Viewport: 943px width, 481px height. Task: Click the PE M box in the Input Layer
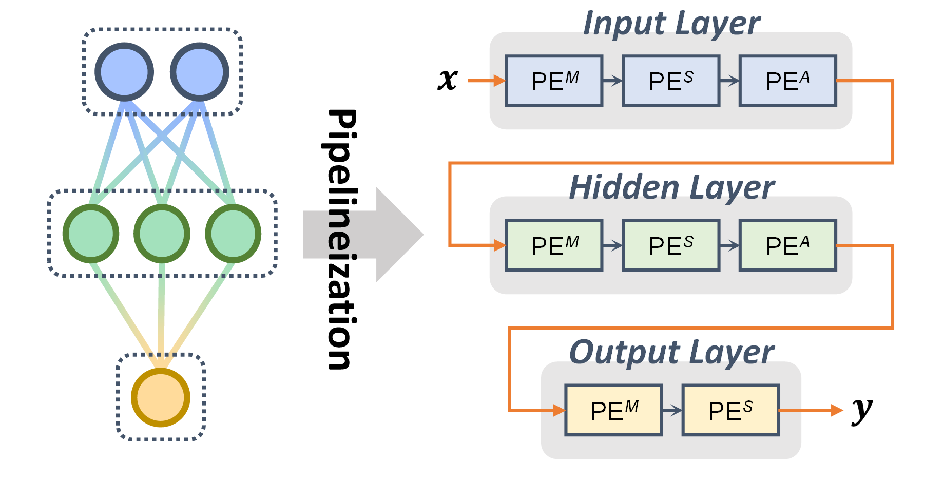[x=554, y=81]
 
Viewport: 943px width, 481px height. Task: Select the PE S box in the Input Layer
[x=671, y=81]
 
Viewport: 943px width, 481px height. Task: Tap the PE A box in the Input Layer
[x=787, y=81]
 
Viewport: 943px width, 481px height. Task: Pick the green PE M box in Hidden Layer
[x=554, y=246]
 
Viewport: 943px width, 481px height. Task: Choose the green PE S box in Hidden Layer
[x=671, y=246]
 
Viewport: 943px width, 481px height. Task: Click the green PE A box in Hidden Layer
[x=787, y=246]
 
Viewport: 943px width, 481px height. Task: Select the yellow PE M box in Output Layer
[x=613, y=411]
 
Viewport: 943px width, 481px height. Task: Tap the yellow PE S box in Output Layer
[x=730, y=411]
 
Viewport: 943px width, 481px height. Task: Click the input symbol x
[x=448, y=80]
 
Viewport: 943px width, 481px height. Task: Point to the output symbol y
[x=862, y=410]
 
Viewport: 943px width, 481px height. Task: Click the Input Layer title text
[x=671, y=24]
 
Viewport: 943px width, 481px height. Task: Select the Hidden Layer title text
[x=671, y=187]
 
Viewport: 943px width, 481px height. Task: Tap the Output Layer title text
[x=671, y=352]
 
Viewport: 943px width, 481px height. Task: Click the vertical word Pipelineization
[x=341, y=239]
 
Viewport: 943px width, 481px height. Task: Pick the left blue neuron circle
[x=124, y=72]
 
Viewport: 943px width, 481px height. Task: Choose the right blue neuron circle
[x=200, y=72]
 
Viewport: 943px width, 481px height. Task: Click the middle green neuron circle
[x=162, y=234]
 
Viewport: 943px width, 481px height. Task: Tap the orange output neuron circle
[x=161, y=397]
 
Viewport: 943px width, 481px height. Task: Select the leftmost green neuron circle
[x=91, y=234]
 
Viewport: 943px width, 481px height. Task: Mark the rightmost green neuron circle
[x=233, y=234]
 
